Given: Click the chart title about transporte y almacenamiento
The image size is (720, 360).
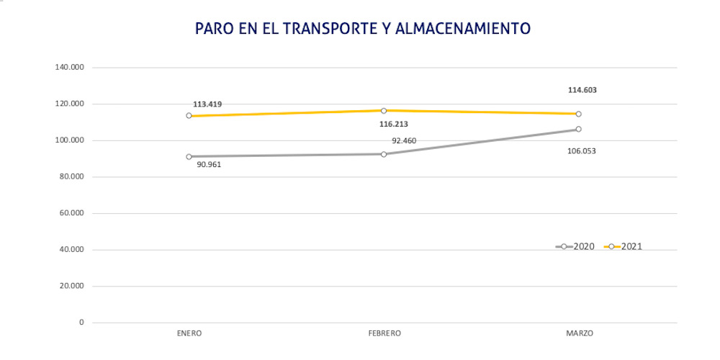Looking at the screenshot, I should tap(363, 28).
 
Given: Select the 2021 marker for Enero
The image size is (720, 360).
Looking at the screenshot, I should tap(189, 116).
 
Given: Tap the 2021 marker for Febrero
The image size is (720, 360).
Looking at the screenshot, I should tap(384, 110).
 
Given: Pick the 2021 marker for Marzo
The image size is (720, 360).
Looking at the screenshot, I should tap(578, 114).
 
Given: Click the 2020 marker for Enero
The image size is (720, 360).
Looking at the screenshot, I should tap(189, 156).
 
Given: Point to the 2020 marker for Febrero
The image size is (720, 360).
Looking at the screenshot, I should tap(384, 154).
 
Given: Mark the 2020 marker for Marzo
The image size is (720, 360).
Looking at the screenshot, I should tap(578, 130).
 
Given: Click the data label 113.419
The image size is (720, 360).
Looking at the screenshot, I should tap(207, 104).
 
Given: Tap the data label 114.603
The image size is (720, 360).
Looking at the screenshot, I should tap(582, 90).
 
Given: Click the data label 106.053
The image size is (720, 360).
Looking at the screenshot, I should tap(582, 151).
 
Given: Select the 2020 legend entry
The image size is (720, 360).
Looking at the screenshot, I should tap(575, 246).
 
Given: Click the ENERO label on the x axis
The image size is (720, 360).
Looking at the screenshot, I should tap(189, 333).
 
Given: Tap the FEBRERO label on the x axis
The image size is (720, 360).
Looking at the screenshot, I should tap(384, 333).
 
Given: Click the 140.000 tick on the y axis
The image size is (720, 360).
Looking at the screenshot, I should tap(70, 67).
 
